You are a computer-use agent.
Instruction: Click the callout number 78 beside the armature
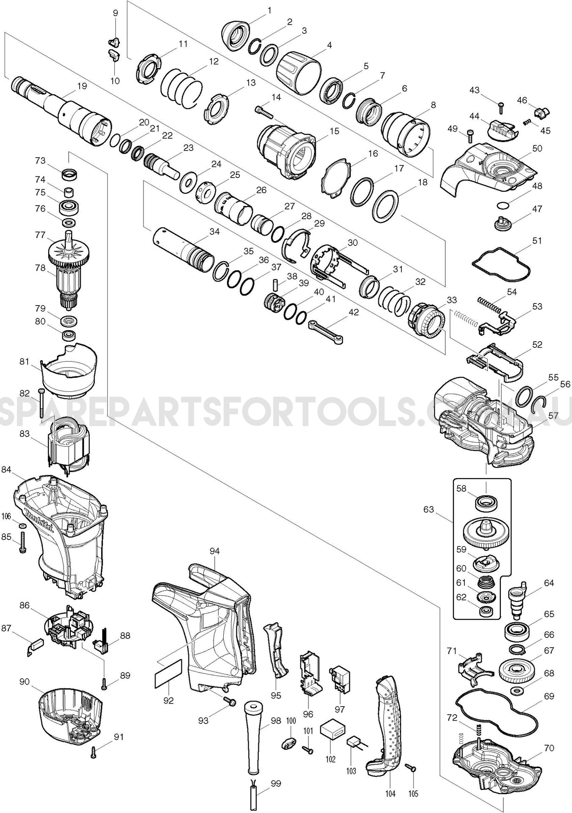40,268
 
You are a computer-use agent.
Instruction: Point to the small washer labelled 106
22,526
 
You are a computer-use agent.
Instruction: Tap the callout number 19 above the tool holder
82,86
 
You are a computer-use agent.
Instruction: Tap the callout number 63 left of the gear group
429,509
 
